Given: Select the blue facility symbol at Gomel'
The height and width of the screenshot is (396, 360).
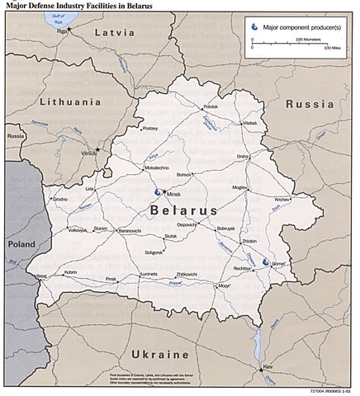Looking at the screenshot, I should click(x=266, y=262).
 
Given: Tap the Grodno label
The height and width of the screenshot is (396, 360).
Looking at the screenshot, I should click(x=60, y=199).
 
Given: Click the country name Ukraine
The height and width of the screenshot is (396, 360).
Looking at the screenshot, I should click(x=159, y=355).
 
